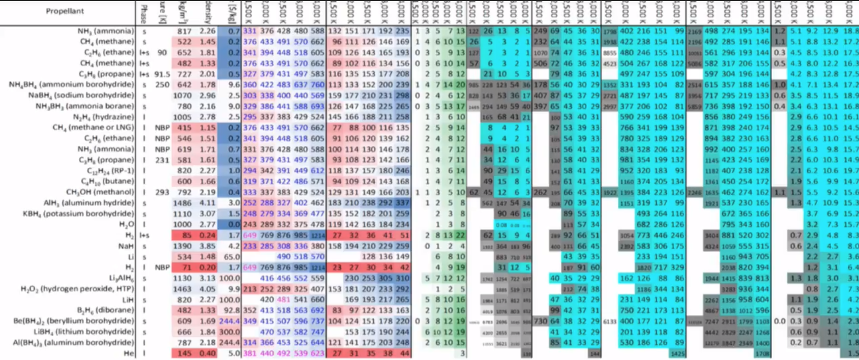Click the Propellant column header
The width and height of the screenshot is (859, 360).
[65, 11]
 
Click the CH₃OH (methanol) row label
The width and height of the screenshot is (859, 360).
[100, 192]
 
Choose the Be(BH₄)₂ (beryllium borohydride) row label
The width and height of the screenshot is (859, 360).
[74, 321]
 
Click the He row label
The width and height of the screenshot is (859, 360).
[129, 353]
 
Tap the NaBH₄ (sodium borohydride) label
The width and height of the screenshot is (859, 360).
[81, 96]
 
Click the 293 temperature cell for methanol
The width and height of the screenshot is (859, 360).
[162, 192]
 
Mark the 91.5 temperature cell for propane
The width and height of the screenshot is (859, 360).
[162, 74]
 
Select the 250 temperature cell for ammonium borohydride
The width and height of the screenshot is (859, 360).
[162, 85]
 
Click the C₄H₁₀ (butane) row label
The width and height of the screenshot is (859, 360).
[107, 182]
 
